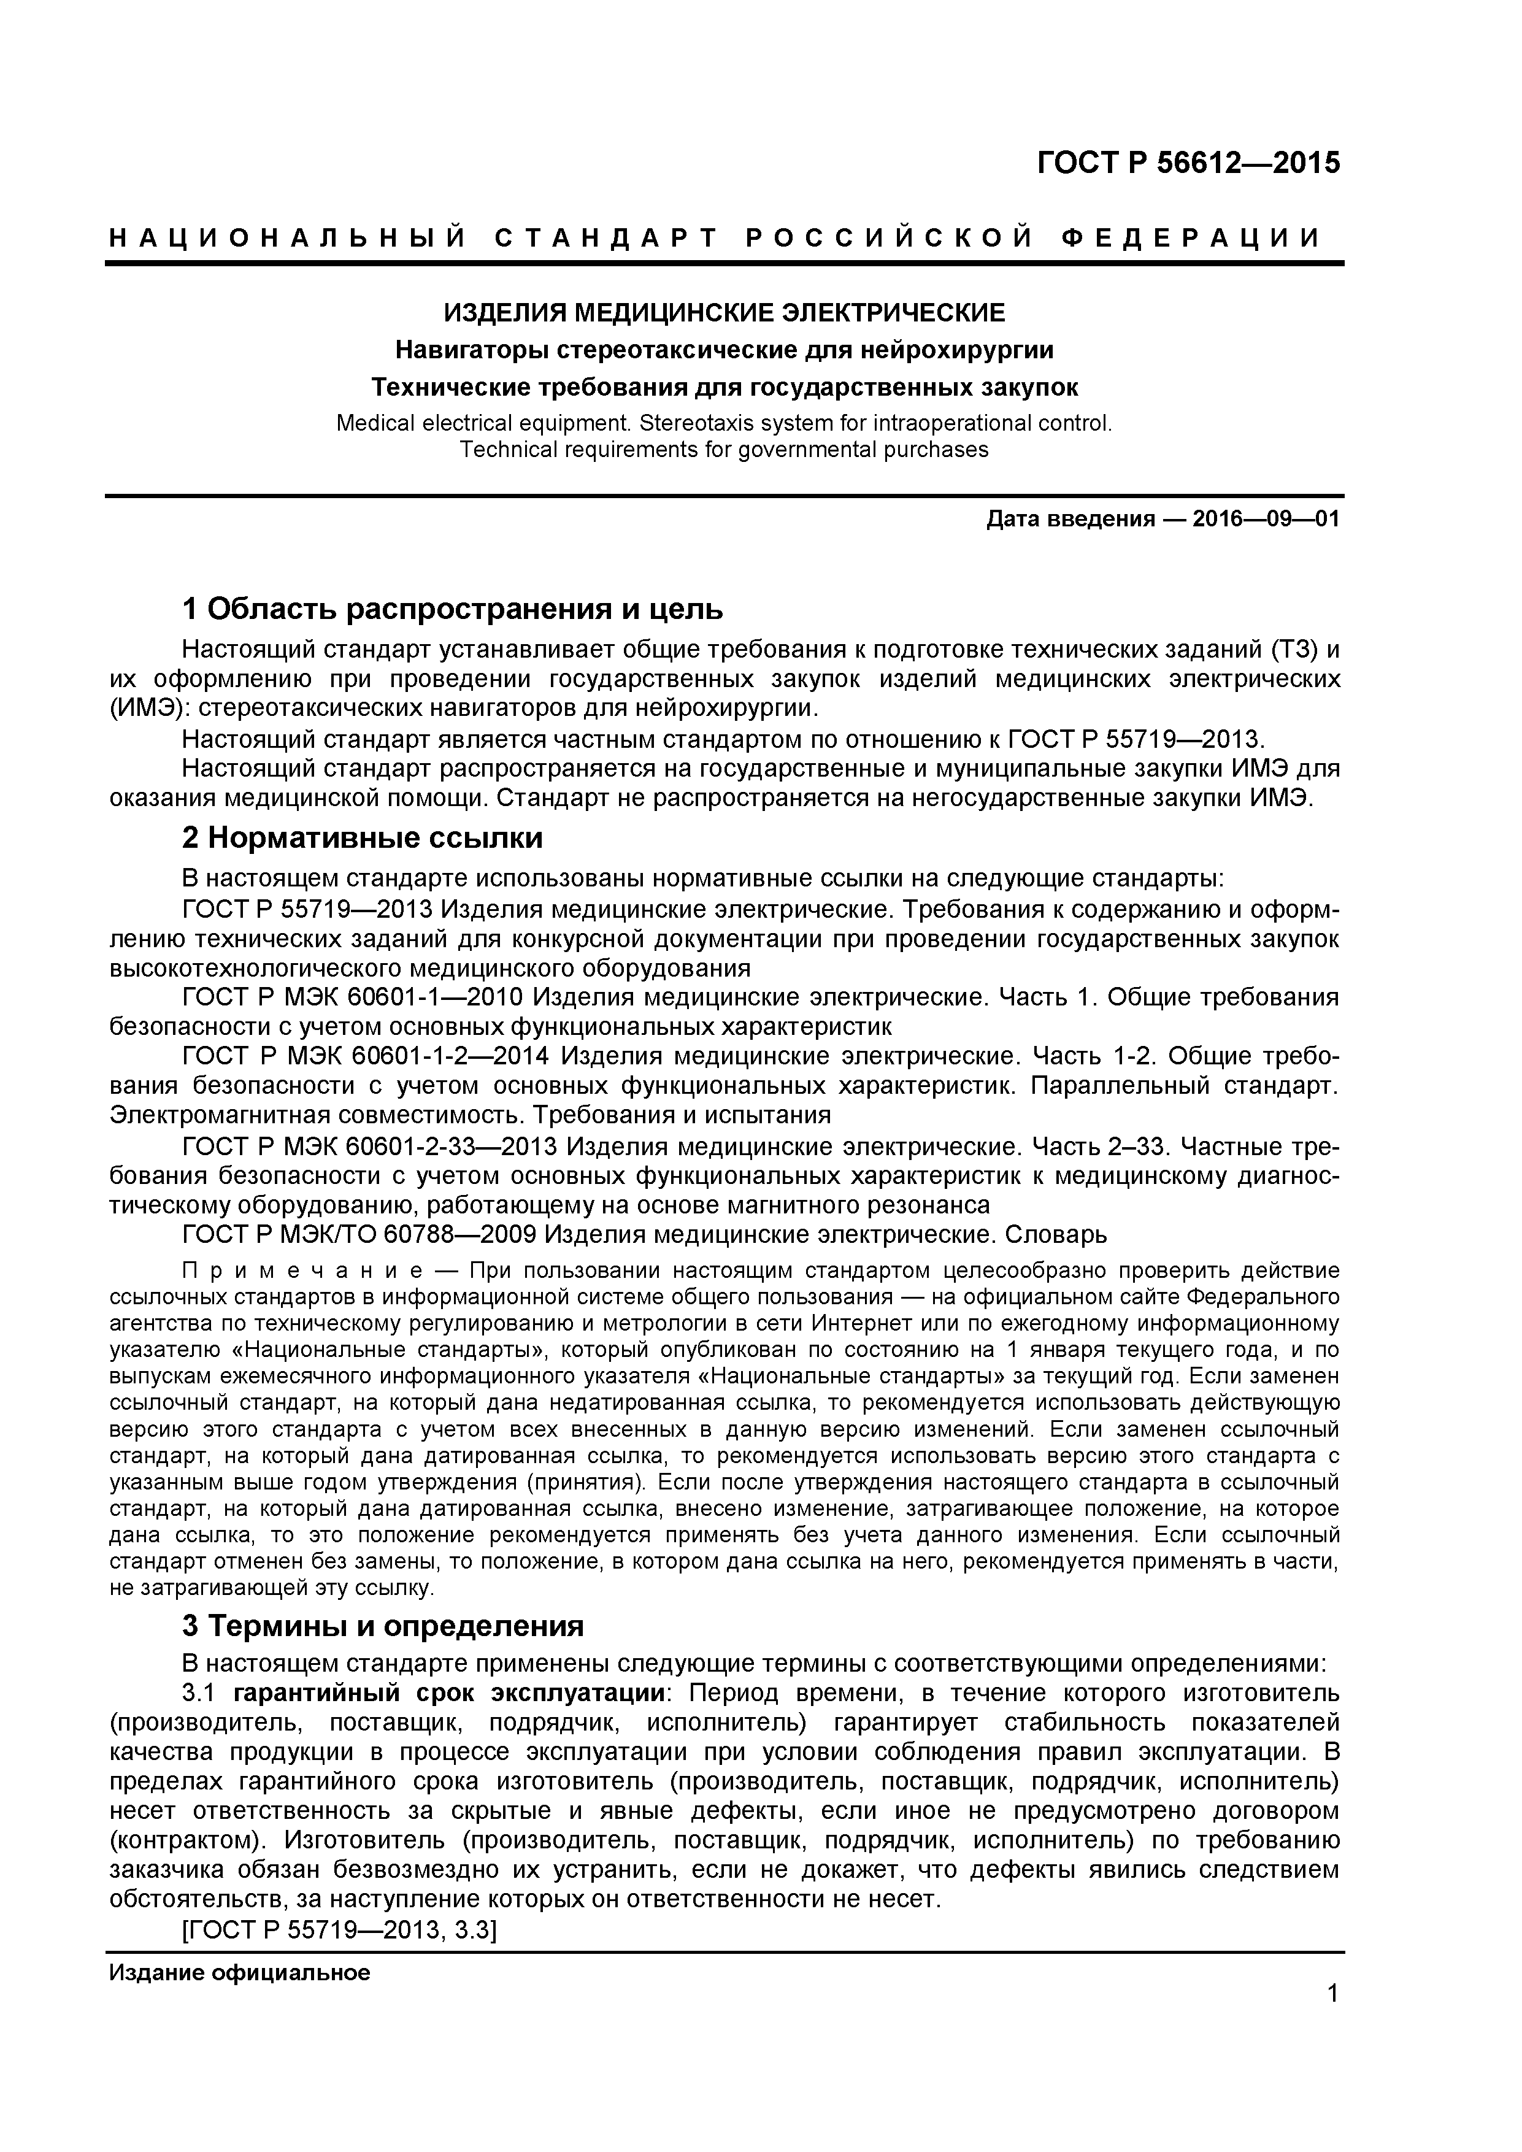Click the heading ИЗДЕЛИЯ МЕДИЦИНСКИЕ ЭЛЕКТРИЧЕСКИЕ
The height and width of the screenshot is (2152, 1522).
(x=723, y=312)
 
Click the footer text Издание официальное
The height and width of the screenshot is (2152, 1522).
(x=240, y=1973)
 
